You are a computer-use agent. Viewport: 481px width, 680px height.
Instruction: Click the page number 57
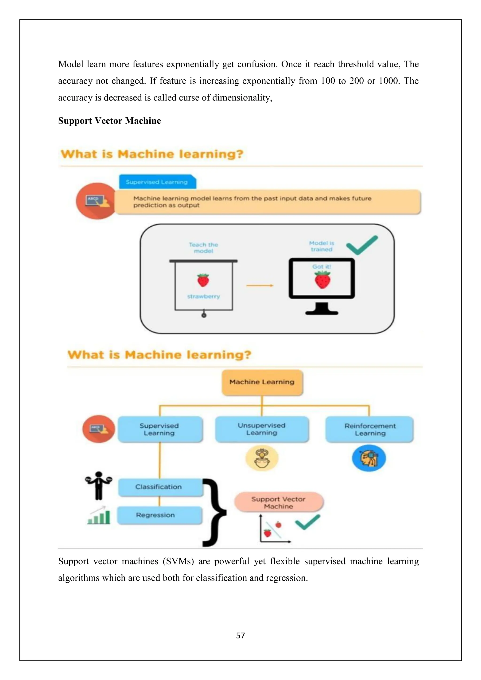point(240,635)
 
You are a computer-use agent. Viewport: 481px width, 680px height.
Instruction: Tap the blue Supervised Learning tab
point(157,182)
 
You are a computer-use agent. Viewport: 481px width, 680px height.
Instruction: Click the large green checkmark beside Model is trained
point(362,245)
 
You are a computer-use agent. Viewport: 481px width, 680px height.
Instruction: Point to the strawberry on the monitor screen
point(322,280)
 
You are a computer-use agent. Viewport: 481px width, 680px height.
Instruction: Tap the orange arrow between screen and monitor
point(260,286)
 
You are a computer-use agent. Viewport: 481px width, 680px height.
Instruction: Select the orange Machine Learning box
point(262,382)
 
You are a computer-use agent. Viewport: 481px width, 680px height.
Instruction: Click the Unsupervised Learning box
point(262,429)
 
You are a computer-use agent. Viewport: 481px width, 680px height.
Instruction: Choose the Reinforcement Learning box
point(370,429)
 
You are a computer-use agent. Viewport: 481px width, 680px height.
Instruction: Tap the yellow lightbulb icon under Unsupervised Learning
point(262,458)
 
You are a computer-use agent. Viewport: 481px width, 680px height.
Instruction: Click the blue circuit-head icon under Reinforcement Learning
point(369,458)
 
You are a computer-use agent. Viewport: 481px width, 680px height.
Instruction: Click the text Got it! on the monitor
point(322,267)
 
